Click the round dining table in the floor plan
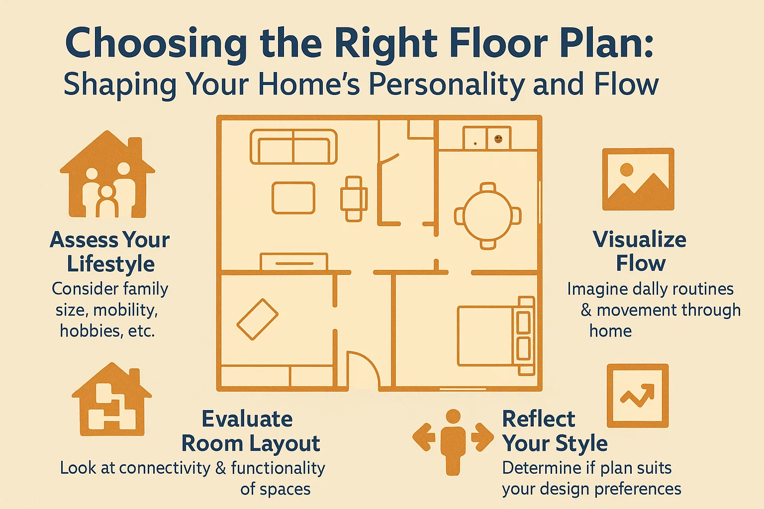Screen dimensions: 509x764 click(x=487, y=216)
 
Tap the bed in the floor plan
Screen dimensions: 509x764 click(x=495, y=336)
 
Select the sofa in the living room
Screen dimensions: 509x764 click(x=293, y=147)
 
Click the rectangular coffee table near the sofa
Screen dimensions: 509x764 click(x=293, y=198)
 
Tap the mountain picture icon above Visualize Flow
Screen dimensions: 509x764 click(x=638, y=179)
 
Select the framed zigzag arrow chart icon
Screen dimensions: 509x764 click(x=638, y=395)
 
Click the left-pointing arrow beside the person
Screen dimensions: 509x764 click(x=423, y=437)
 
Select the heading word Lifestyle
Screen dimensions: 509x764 click(x=111, y=264)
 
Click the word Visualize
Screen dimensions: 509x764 click(x=640, y=240)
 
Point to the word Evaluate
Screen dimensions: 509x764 click(x=247, y=419)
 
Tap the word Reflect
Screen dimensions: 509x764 click(x=539, y=419)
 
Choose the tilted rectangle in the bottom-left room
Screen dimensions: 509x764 click(x=257, y=319)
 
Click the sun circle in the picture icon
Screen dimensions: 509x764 click(x=627, y=170)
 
